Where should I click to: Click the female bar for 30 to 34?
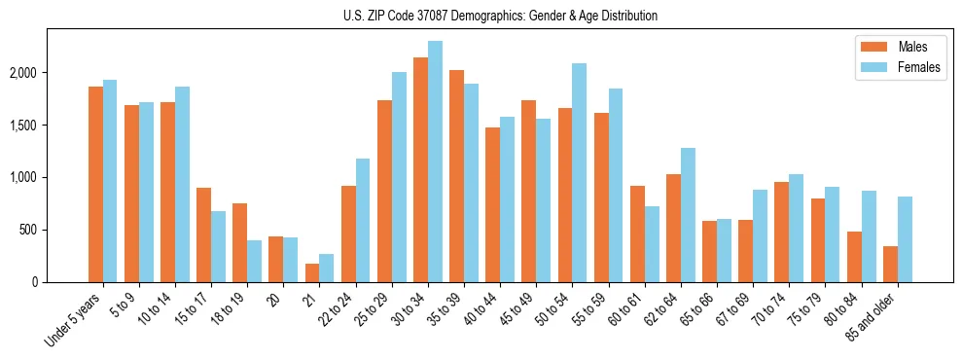[x=435, y=162]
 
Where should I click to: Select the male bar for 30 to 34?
[x=420, y=170]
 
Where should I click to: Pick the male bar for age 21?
[x=312, y=272]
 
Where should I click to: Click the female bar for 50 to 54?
[x=579, y=172]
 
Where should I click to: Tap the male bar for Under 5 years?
[x=95, y=185]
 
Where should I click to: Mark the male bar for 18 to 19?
[x=240, y=242]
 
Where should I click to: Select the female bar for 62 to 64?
[x=687, y=215]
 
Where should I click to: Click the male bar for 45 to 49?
[x=528, y=191]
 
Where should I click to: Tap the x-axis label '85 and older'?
[x=872, y=318]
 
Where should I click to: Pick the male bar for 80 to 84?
[x=854, y=257]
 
